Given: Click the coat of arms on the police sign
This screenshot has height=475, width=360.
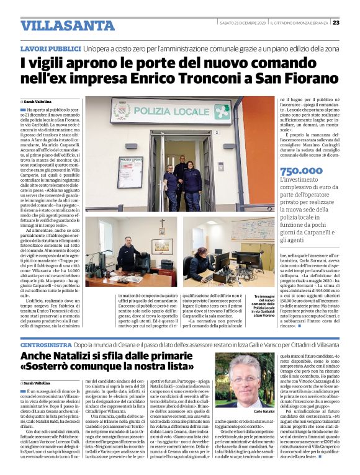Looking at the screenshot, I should (121, 111).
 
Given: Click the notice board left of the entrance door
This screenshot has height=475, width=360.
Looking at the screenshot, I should (130, 171).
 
